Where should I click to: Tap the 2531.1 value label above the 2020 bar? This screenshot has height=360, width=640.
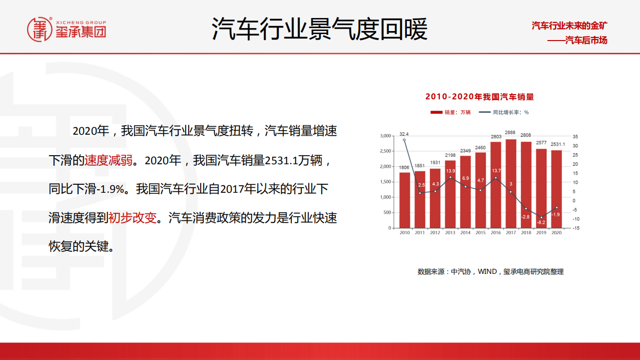557,144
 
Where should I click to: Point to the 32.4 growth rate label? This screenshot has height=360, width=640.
404,134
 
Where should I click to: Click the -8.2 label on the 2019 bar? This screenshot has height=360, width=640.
541,222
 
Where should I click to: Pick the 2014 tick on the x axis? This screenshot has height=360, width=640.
465,233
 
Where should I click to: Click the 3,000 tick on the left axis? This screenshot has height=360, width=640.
385,136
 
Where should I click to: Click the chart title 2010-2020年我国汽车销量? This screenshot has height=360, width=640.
479,97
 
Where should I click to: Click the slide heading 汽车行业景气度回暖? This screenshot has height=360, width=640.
320,29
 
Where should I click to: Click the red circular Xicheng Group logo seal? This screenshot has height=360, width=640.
40,29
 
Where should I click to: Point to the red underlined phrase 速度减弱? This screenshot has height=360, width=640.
109,160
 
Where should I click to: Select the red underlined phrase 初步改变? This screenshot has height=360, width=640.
133,218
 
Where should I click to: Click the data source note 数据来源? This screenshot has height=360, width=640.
490,271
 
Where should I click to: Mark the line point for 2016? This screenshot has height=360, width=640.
496,178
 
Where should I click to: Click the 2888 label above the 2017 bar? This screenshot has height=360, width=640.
511,133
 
